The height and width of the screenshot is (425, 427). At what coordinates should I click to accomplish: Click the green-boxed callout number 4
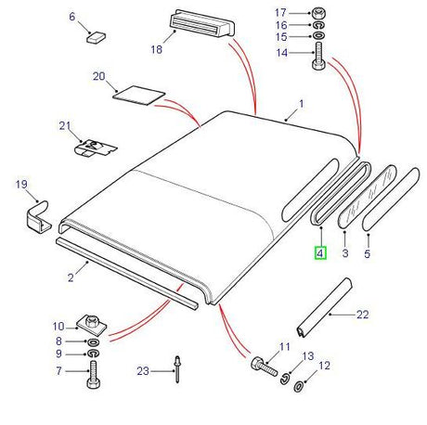coord(319,252)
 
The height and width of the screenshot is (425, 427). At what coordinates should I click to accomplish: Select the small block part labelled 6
coord(95,38)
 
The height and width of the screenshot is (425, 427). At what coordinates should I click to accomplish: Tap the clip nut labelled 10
coord(94,326)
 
